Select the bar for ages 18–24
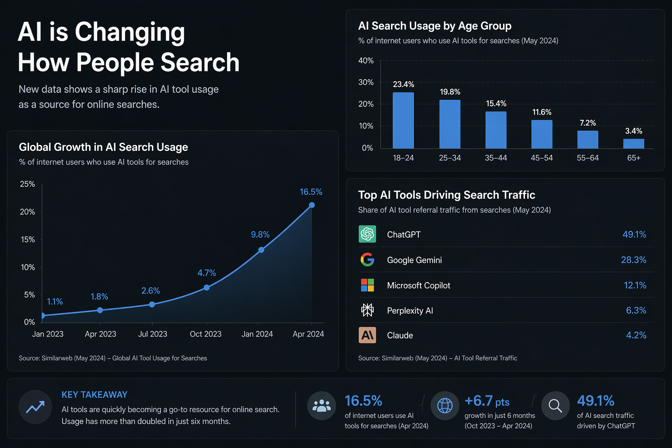pos(403,120)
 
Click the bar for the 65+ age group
pos(633,143)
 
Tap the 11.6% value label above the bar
pos(542,112)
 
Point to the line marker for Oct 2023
pos(206,287)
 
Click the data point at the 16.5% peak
pos(311,205)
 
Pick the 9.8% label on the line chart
pos(260,234)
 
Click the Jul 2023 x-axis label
pos(152,334)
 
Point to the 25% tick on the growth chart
pos(27,184)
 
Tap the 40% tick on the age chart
pos(366,61)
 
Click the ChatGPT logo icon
pos(367,234)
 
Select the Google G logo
pos(367,259)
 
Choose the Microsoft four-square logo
pos(367,285)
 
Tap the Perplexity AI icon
pos(367,310)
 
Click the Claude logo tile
pos(367,335)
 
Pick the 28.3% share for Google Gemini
pos(633,260)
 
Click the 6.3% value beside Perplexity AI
pos(636,310)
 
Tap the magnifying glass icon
pos(555,406)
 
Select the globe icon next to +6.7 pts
pos(445,406)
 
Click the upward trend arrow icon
pos(35,407)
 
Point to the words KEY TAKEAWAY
pos(94,395)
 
